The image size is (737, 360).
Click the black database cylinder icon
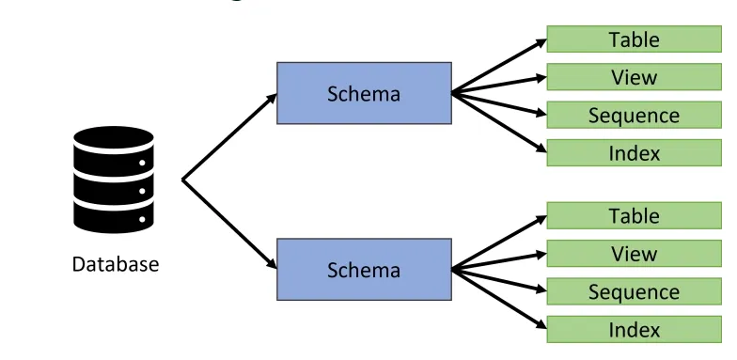[113, 180]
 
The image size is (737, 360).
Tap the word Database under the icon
[116, 264]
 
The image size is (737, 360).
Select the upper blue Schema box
[364, 93]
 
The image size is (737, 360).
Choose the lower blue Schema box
[364, 270]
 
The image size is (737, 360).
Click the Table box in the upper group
[634, 39]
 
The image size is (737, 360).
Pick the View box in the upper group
[634, 77]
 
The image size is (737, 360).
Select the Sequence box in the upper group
[634, 116]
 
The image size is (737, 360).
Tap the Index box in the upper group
[634, 153]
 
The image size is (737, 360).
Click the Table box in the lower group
[634, 215]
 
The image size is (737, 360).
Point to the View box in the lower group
[634, 253]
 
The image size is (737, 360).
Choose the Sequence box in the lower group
[634, 291]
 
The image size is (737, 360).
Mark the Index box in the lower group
[634, 329]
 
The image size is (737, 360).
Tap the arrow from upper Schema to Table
[498, 67]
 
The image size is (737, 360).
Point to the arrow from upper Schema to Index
[498, 120]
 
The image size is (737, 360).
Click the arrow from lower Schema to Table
[498, 243]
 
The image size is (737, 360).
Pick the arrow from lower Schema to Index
[498, 297]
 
